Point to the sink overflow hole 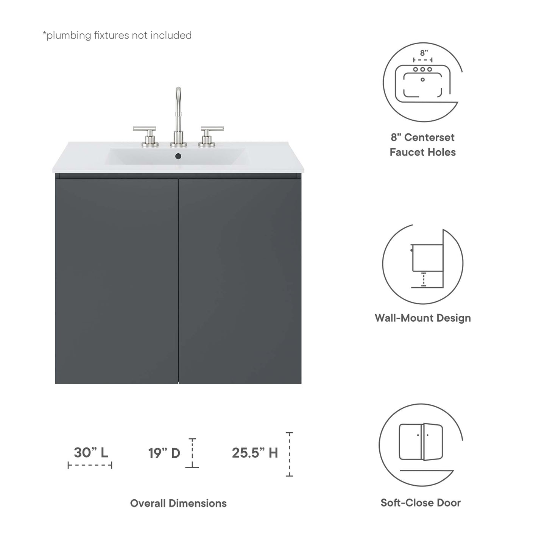(178, 156)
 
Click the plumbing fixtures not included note (117, 36)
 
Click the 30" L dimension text (91, 452)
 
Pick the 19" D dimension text (164, 453)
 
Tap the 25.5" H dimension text (255, 453)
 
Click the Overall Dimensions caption (178, 503)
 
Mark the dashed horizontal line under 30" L (90, 465)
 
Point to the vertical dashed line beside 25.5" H (289, 454)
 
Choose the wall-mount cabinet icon (422, 264)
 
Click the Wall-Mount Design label (422, 318)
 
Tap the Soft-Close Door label (421, 503)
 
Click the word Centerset (429, 137)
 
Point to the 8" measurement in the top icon (424, 53)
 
